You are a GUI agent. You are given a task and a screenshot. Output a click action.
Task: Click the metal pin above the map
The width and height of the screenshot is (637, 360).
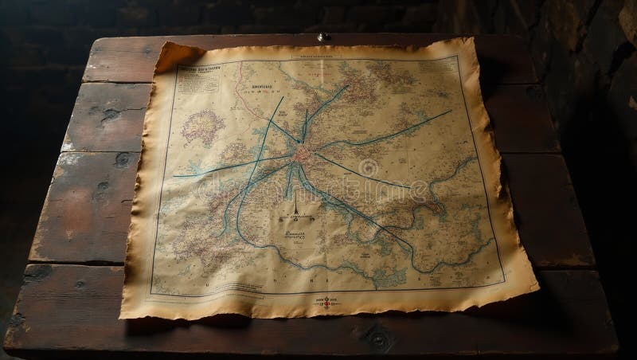click(x=323, y=36)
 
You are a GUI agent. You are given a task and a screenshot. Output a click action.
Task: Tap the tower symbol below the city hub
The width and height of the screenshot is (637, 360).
click(x=294, y=205)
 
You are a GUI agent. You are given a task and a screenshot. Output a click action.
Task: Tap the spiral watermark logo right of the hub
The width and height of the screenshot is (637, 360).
click(x=369, y=167)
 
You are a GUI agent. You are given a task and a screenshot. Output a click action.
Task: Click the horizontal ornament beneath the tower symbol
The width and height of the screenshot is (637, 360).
click(x=294, y=217)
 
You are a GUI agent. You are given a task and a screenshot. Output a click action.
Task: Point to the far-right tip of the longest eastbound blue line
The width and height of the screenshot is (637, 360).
click(x=450, y=112)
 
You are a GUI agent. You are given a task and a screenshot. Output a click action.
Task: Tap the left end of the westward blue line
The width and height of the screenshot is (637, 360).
click(x=174, y=175)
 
